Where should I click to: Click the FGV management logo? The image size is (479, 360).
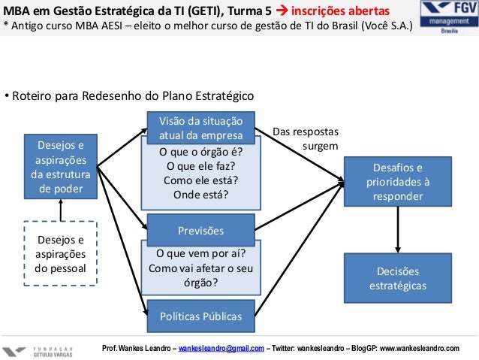pyautogui.click(x=449, y=23)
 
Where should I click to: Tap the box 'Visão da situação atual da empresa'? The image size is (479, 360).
pyautogui.click(x=200, y=127)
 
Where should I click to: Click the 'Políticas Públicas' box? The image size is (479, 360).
pyautogui.click(x=200, y=316)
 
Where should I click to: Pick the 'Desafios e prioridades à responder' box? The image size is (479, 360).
pyautogui.click(x=398, y=181)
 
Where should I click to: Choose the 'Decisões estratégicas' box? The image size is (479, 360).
pyautogui.click(x=398, y=278)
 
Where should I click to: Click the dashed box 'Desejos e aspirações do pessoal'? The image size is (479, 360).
pyautogui.click(x=61, y=254)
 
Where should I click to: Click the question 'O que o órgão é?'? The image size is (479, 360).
pyautogui.click(x=200, y=151)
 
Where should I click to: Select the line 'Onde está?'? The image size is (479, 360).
pyautogui.click(x=200, y=195)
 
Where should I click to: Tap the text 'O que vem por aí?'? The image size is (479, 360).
pyautogui.click(x=200, y=253)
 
